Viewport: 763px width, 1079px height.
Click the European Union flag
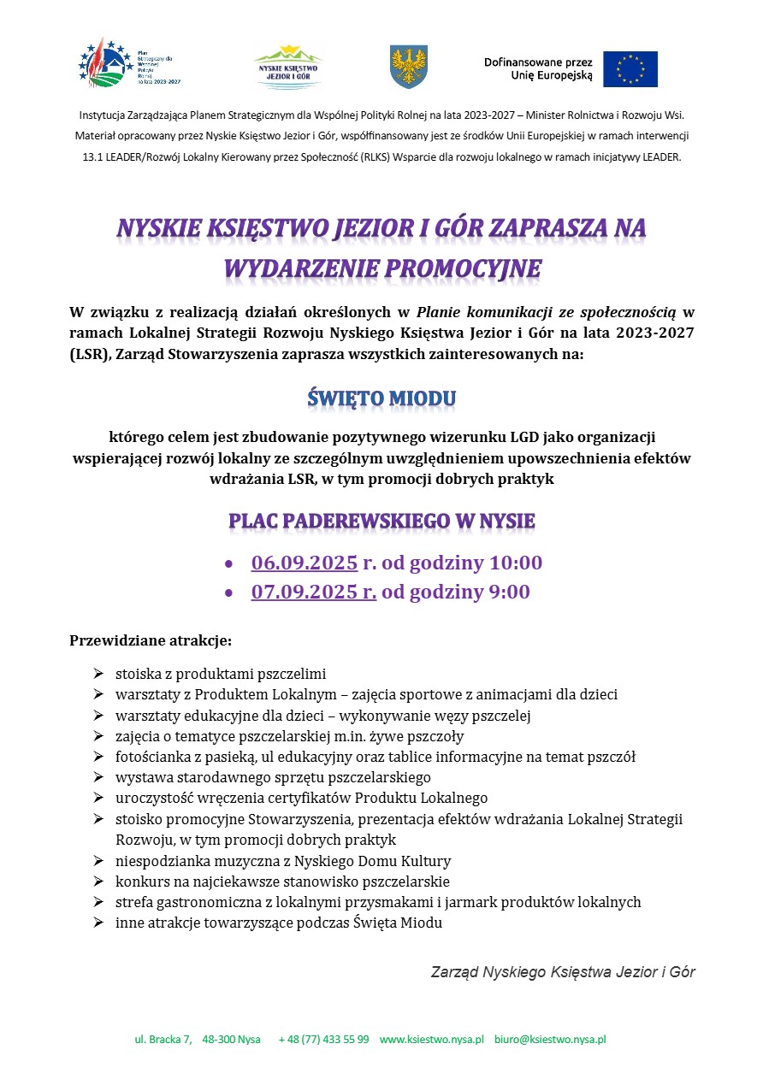(x=630, y=69)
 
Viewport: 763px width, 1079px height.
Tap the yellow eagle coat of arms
(x=409, y=67)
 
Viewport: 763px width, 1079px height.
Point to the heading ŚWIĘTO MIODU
(x=381, y=398)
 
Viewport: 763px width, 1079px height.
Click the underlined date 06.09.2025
(x=304, y=563)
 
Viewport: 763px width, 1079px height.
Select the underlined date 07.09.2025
(x=304, y=593)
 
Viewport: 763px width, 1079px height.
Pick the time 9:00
(x=509, y=593)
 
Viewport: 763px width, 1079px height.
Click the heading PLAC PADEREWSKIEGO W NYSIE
(x=381, y=522)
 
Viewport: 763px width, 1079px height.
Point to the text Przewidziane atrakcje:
(x=151, y=640)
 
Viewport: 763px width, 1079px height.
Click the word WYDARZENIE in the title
(x=299, y=268)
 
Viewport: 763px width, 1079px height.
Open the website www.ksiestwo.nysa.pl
(x=432, y=1040)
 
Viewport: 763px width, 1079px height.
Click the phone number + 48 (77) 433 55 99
(x=323, y=1040)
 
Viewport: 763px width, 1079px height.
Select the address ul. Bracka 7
(x=163, y=1040)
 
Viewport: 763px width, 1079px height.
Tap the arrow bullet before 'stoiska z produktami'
(x=98, y=673)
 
